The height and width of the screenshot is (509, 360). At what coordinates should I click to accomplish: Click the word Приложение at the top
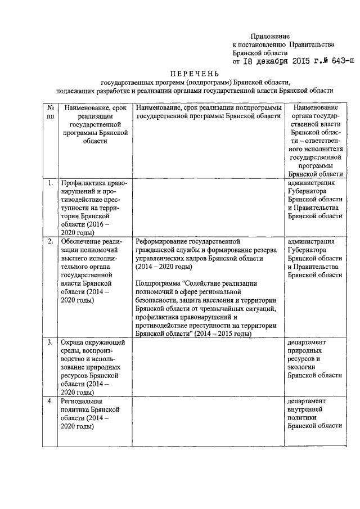click(270, 36)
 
